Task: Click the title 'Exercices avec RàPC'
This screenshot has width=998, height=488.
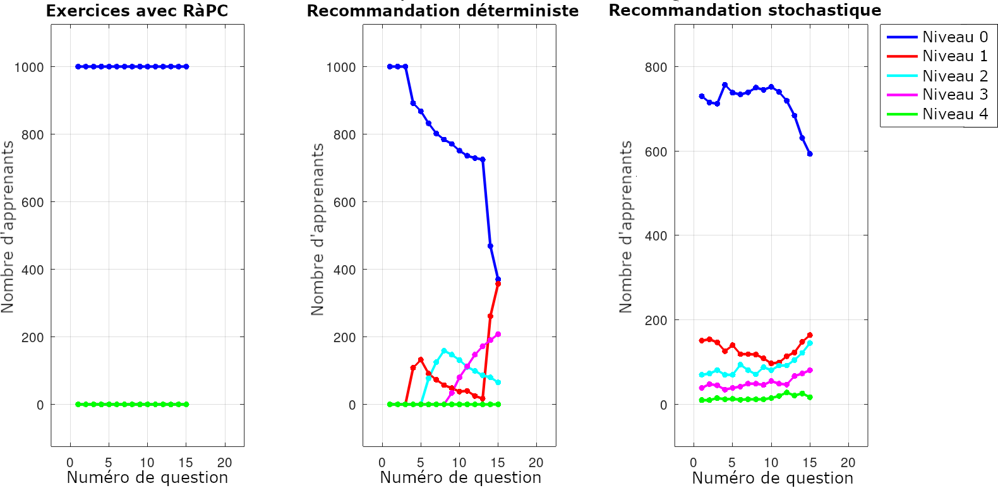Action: tap(137, 11)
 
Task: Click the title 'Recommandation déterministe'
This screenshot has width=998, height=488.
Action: tap(443, 11)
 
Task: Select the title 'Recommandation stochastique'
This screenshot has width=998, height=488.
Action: tap(745, 10)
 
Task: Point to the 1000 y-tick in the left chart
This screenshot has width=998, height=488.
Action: tap(29, 67)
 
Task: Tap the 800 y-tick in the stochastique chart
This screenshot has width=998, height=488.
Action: tap(656, 67)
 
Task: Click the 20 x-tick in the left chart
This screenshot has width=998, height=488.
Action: tap(224, 462)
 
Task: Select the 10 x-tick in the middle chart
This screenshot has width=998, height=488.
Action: tap(459, 462)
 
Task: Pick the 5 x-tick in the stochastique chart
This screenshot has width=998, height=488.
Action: tap(732, 462)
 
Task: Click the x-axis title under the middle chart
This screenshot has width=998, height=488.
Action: tap(460, 478)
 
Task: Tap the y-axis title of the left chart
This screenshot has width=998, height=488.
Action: tap(8, 227)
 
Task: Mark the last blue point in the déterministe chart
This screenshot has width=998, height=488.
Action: tap(498, 279)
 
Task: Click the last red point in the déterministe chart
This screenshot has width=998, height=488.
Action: tap(498, 284)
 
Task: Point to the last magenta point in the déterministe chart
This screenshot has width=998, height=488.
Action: tap(498, 334)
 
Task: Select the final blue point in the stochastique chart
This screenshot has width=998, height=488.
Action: tap(810, 153)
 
